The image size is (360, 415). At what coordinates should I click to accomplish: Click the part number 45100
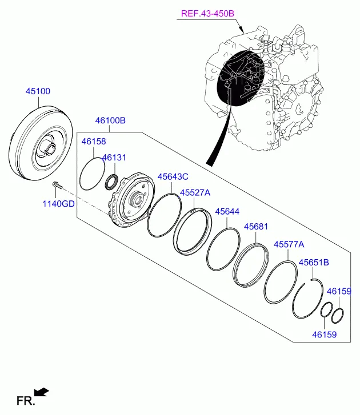point(38,91)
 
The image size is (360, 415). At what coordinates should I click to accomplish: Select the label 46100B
point(110,121)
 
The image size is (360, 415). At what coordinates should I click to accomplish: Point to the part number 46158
point(94,141)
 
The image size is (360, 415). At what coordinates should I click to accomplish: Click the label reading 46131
point(114,158)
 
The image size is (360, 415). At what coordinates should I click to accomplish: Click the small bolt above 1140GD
point(56,185)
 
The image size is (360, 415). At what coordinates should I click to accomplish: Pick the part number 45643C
point(173,176)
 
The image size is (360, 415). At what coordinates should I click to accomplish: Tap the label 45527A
point(195,194)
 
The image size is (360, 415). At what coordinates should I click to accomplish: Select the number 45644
point(227,211)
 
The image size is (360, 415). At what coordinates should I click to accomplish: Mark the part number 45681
point(256,227)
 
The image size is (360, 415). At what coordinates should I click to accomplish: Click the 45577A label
point(289,244)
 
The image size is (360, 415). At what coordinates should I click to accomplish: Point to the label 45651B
point(314,262)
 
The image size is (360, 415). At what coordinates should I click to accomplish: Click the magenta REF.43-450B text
point(208,13)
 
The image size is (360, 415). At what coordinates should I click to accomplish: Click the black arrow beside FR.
point(42,392)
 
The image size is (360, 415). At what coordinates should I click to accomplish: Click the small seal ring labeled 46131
point(111,182)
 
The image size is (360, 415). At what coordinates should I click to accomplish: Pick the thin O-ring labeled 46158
point(91,174)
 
